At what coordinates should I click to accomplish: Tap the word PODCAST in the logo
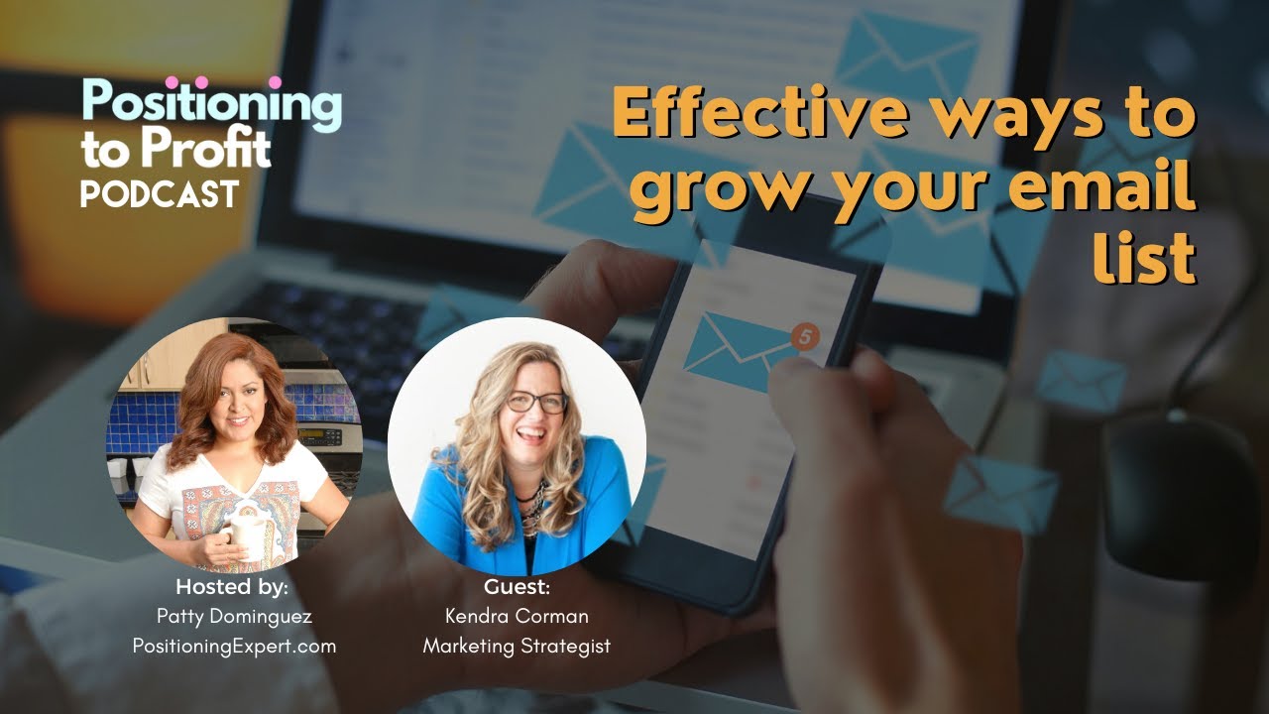pos(160,193)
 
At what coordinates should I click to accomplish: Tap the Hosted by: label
pos(232,587)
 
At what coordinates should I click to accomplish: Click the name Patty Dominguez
pos(235,617)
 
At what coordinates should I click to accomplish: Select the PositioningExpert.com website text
pos(235,646)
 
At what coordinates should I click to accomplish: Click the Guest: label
pos(516,587)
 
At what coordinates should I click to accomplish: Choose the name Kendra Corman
pos(517,617)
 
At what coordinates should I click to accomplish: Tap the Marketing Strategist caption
pos(517,646)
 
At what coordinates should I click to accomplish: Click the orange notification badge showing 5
pos(803,336)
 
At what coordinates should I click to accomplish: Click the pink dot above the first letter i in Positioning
pos(173,82)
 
